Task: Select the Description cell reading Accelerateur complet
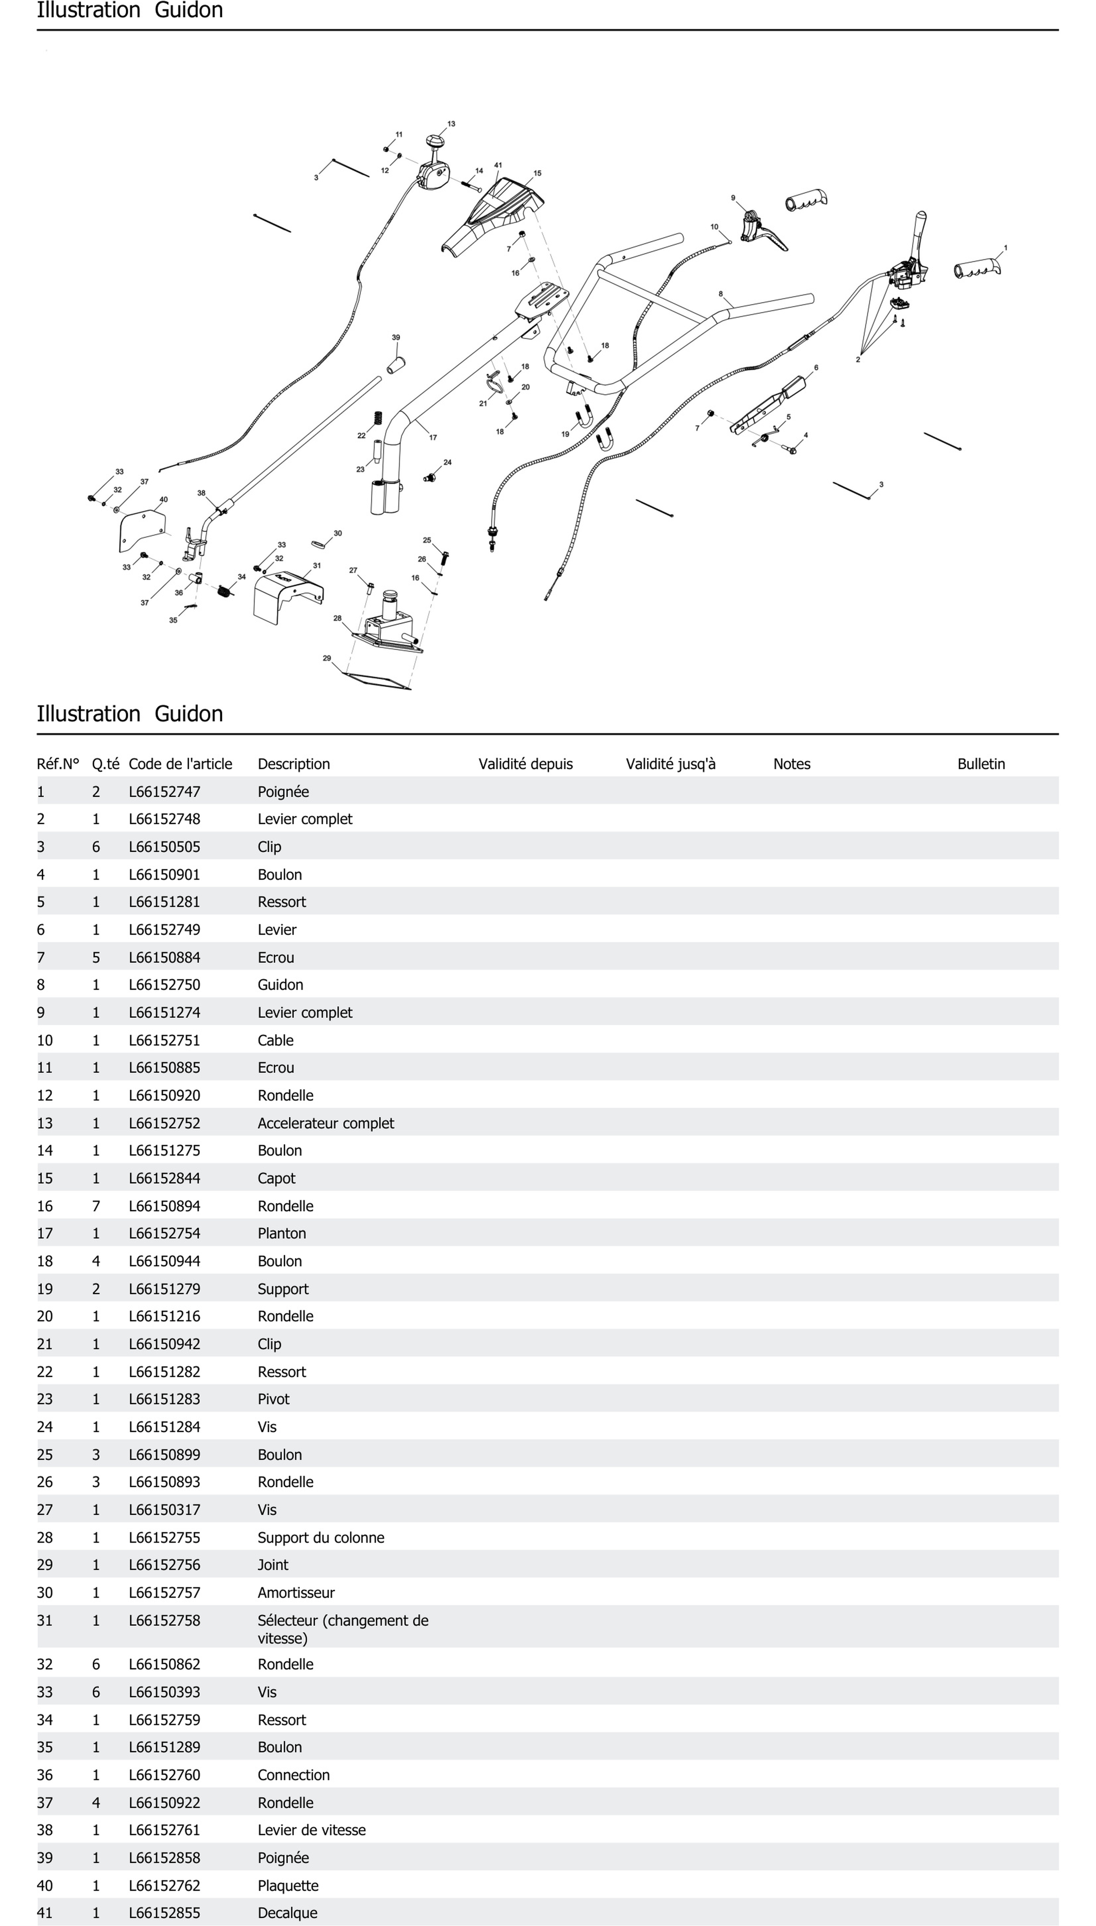tap(325, 1123)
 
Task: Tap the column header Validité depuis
tap(525, 764)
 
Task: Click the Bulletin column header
tap(981, 764)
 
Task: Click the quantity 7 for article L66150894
tap(95, 1206)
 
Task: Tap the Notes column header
tap(792, 764)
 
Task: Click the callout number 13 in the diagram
tap(451, 123)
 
